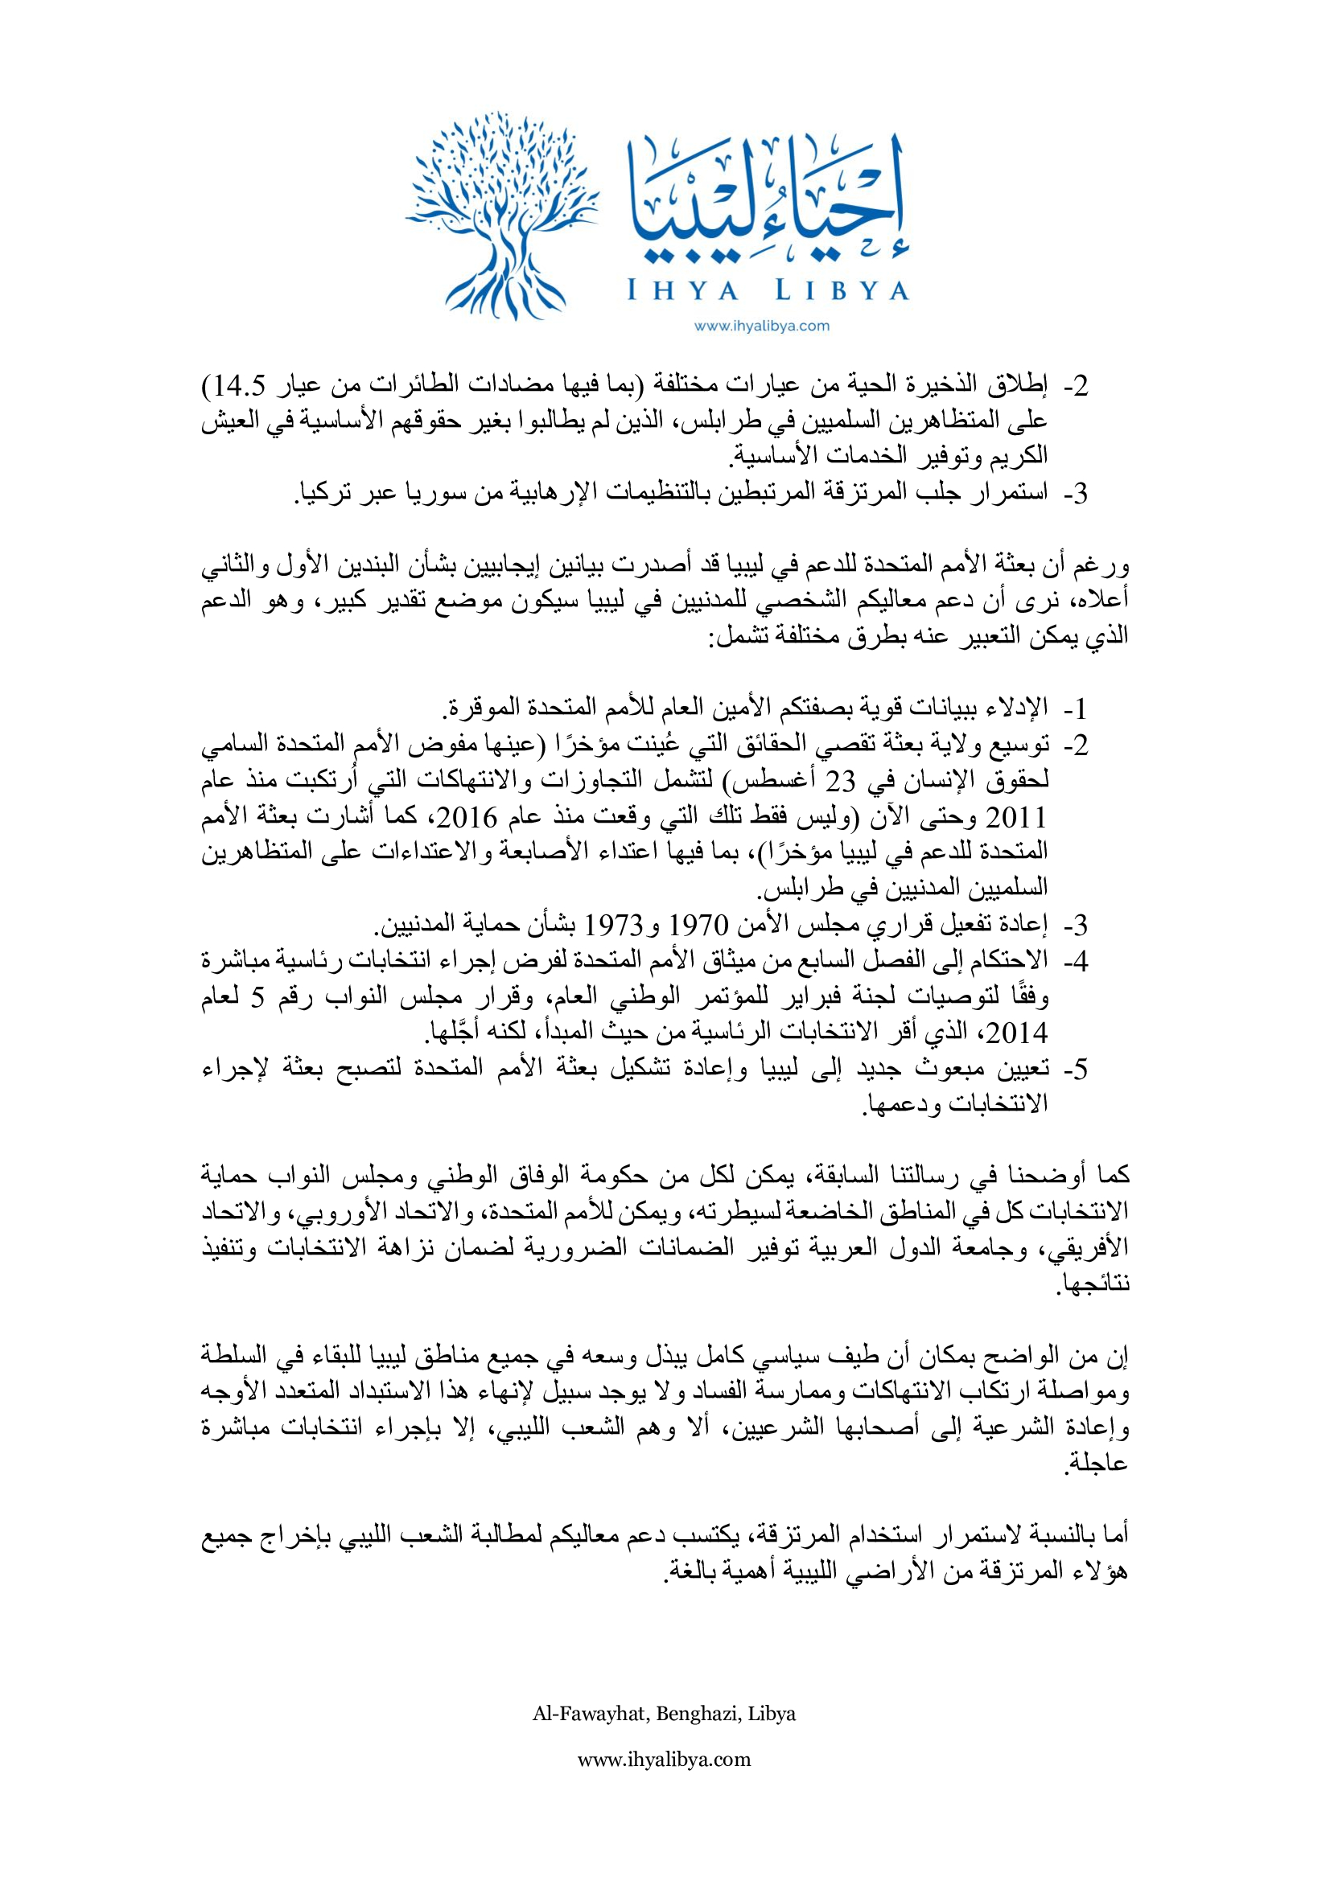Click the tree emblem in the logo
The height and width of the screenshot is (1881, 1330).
(x=501, y=215)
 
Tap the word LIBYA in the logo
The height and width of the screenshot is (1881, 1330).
(x=842, y=291)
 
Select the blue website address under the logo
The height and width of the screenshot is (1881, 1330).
(x=761, y=326)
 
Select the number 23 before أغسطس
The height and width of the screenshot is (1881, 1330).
(x=839, y=782)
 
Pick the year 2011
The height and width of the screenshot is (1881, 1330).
(x=1016, y=818)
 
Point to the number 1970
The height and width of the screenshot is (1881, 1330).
(x=699, y=925)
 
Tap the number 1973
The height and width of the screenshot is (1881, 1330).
(x=613, y=925)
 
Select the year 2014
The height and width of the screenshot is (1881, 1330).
(x=1016, y=1033)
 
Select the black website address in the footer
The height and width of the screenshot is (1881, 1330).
(x=664, y=1760)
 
